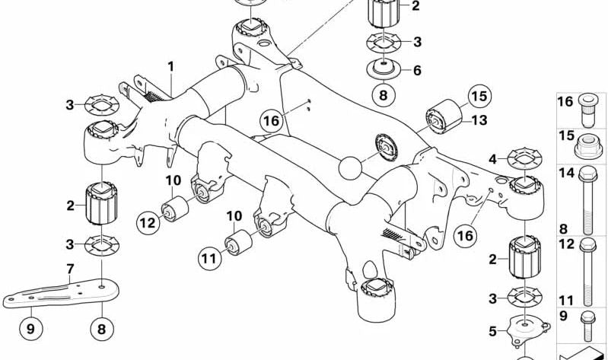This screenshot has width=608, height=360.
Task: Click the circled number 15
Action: (x=479, y=97)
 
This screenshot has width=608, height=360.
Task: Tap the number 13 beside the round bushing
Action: (x=479, y=119)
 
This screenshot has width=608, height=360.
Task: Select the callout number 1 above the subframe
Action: (x=171, y=67)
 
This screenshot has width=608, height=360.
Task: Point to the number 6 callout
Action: (x=416, y=71)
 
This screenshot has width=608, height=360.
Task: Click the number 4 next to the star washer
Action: (x=492, y=159)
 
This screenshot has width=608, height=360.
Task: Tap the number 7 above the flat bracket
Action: (x=70, y=269)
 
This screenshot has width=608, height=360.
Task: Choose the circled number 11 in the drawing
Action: (x=209, y=259)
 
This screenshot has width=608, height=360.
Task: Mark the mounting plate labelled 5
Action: (x=524, y=328)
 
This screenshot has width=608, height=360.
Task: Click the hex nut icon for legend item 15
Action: (x=587, y=143)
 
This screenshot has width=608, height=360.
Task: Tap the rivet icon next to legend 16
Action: (x=587, y=107)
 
